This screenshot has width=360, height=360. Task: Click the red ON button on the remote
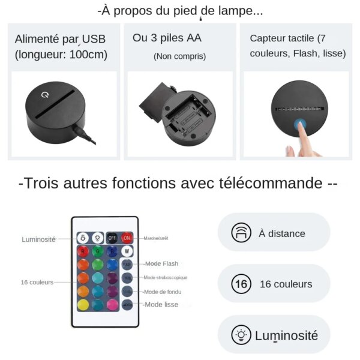click(x=127, y=238)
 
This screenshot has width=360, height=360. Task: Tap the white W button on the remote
click(x=127, y=251)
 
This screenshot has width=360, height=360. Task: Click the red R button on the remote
click(x=83, y=251)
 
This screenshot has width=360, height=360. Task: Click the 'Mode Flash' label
click(x=161, y=263)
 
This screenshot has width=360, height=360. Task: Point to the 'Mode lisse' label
click(x=161, y=304)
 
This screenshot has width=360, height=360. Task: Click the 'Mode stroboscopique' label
click(x=165, y=277)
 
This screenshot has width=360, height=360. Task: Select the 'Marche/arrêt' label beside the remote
click(x=156, y=238)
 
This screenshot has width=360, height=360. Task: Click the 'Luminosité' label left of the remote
click(x=38, y=239)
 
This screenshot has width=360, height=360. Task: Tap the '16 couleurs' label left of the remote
click(x=37, y=282)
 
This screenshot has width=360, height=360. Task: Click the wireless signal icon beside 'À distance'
click(x=241, y=233)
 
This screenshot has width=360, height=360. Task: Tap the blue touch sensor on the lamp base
click(x=299, y=126)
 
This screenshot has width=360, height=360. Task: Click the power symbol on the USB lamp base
click(x=44, y=95)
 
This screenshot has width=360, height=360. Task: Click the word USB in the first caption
click(x=94, y=40)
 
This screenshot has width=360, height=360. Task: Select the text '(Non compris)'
click(x=179, y=56)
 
